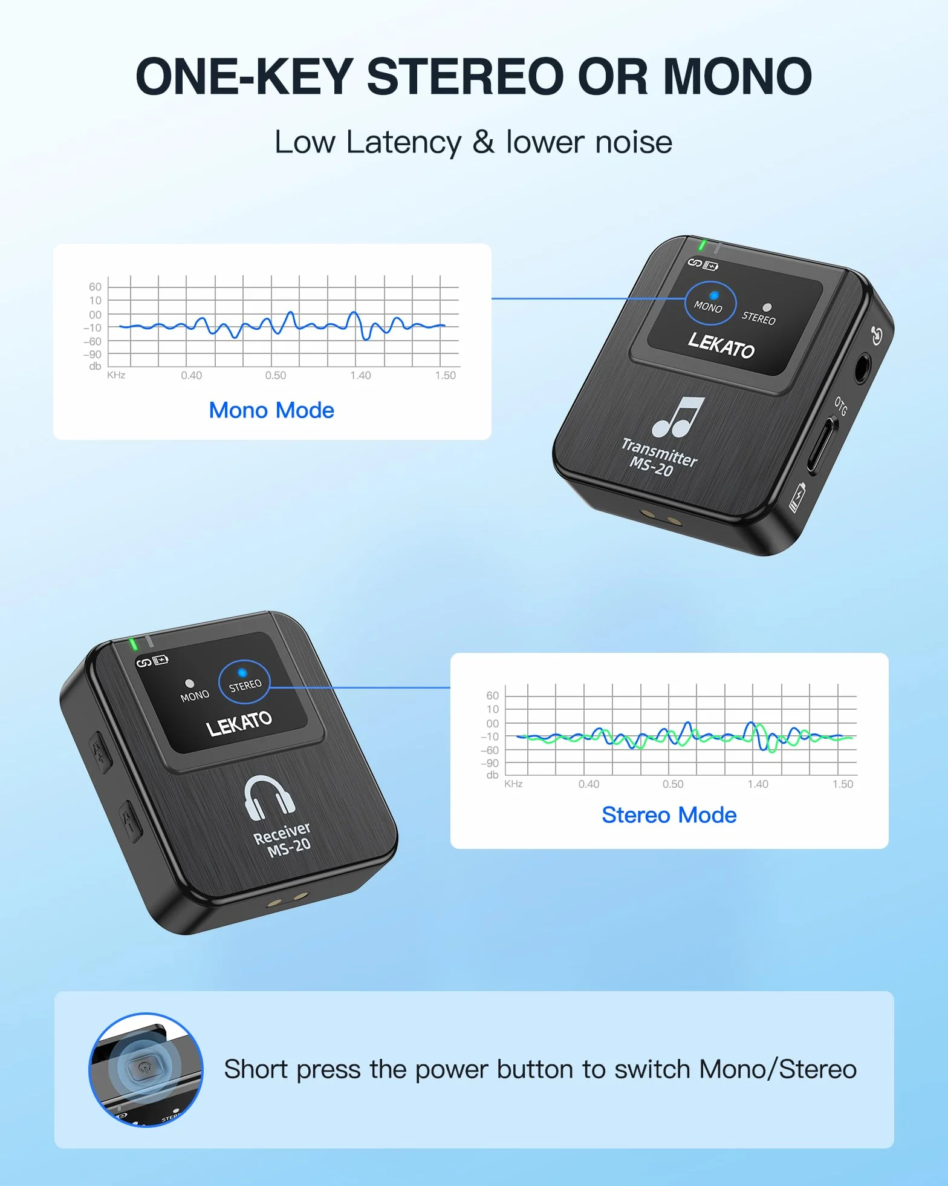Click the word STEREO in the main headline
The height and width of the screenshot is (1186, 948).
click(x=465, y=77)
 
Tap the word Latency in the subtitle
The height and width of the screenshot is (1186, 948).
click(x=404, y=143)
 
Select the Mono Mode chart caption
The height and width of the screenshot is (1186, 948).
click(x=271, y=410)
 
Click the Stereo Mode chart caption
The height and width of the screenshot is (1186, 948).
click(x=669, y=815)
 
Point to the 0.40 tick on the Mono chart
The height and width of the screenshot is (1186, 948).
click(x=192, y=375)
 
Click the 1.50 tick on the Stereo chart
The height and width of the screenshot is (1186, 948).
click(x=843, y=784)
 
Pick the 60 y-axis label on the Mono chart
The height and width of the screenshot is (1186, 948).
click(x=95, y=286)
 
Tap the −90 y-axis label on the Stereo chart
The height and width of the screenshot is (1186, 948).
click(x=490, y=763)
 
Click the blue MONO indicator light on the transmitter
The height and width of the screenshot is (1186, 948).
click(x=714, y=295)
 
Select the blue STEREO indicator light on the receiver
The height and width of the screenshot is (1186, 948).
click(x=242, y=672)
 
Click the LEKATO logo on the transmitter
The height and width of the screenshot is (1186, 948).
click(x=721, y=345)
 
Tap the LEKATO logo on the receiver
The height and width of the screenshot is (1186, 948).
click(x=239, y=723)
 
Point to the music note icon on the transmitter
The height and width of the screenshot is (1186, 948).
click(x=679, y=417)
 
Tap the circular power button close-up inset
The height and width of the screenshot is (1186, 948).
click(x=146, y=1070)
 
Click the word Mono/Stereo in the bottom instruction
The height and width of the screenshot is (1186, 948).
click(x=778, y=1070)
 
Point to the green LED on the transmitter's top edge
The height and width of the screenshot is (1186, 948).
click(x=702, y=245)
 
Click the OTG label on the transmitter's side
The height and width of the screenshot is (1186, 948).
click(x=841, y=406)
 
